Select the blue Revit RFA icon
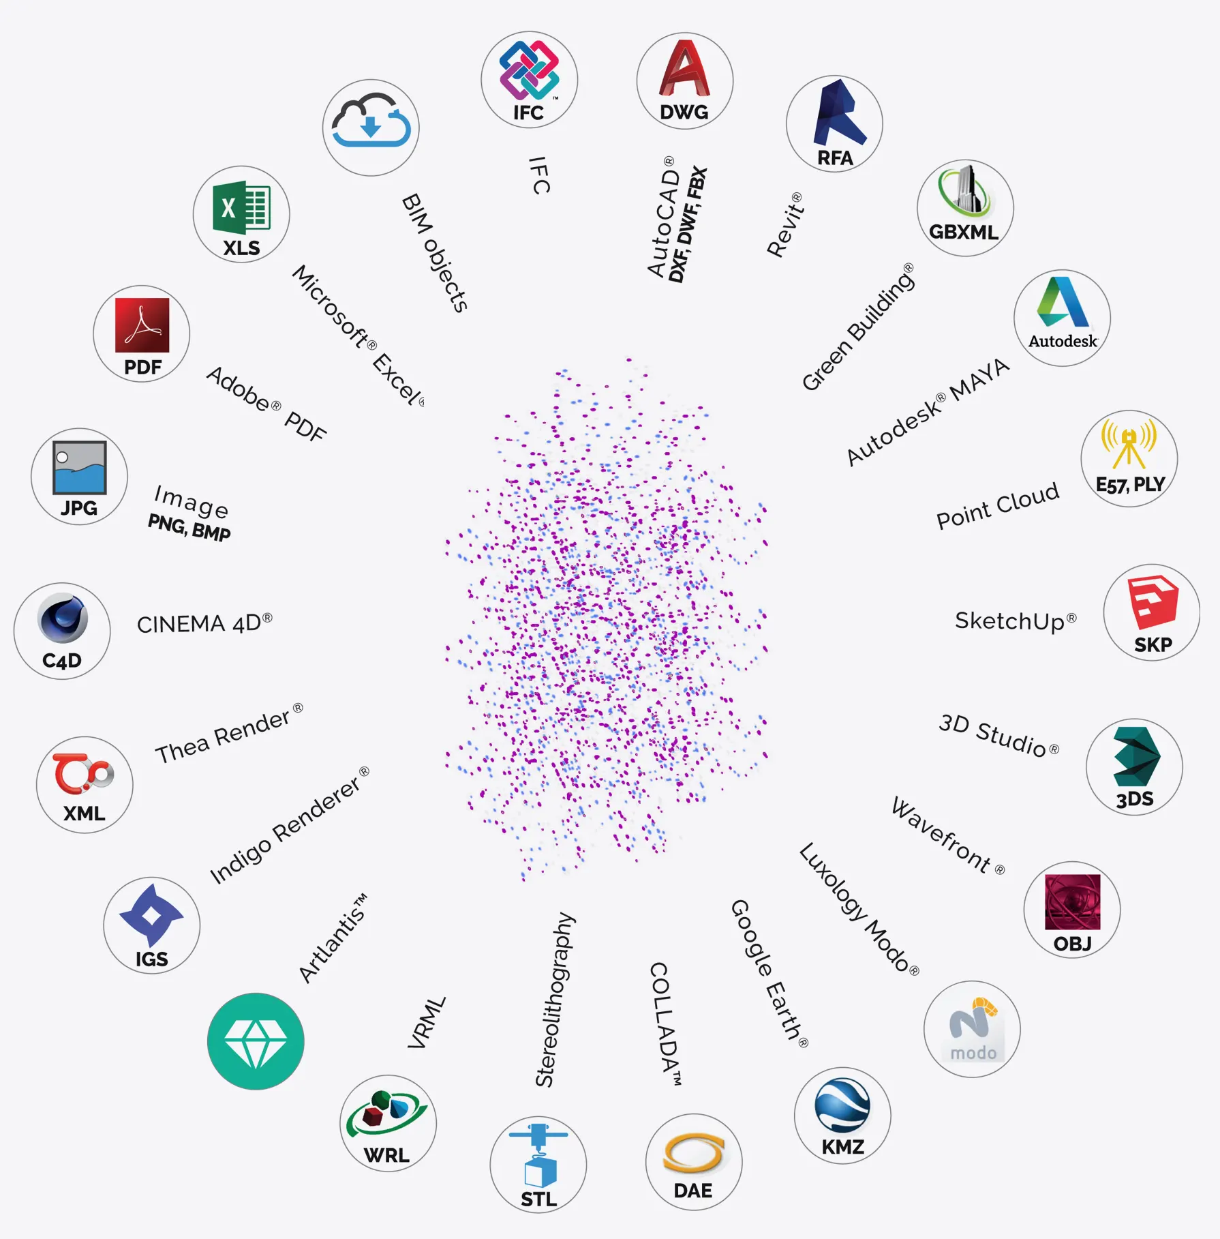[834, 123]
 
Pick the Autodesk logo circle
[1062, 318]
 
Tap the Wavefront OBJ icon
[1071, 910]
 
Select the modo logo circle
[972, 1029]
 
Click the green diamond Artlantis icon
[256, 1041]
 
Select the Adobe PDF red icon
[142, 333]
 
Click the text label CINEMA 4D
[204, 623]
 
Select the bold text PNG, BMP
[189, 528]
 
